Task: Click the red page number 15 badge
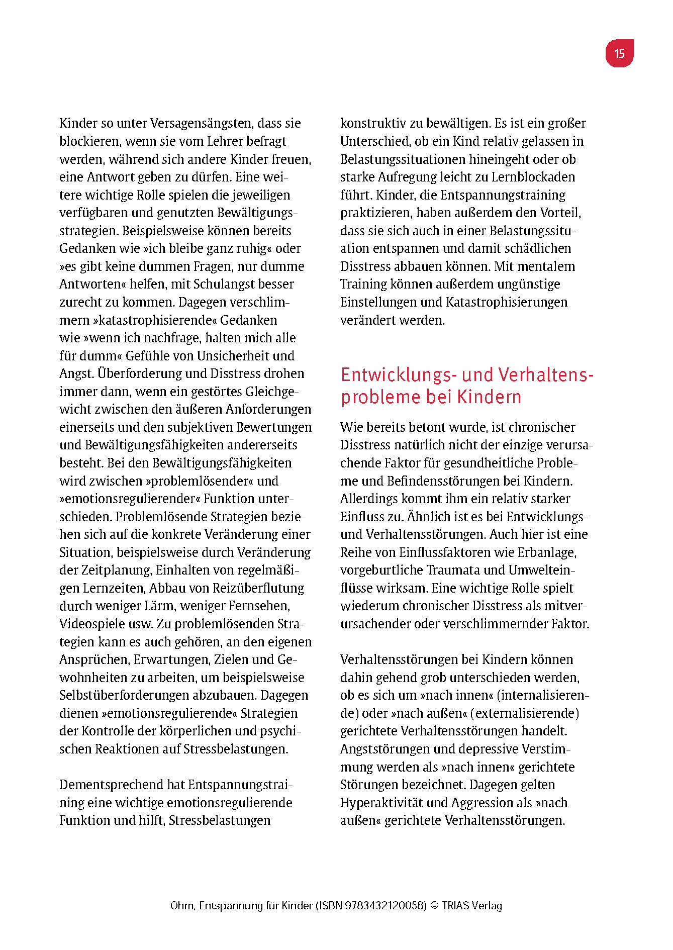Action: pyautogui.click(x=619, y=53)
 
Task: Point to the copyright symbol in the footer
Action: pyautogui.click(x=435, y=906)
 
